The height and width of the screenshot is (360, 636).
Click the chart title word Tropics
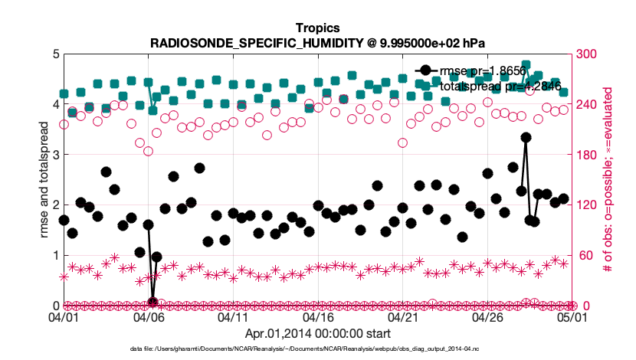317,28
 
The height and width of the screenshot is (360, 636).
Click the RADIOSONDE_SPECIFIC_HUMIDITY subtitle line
317,43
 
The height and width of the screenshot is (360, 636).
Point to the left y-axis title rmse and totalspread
44,179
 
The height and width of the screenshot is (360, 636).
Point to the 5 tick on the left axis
55,54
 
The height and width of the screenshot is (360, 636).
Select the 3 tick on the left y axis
55,155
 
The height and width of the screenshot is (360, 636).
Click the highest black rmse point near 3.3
526,137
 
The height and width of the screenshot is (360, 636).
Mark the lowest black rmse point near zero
153,302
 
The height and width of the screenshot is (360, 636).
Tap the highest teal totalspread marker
526,66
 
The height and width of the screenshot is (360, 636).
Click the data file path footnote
317,349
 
